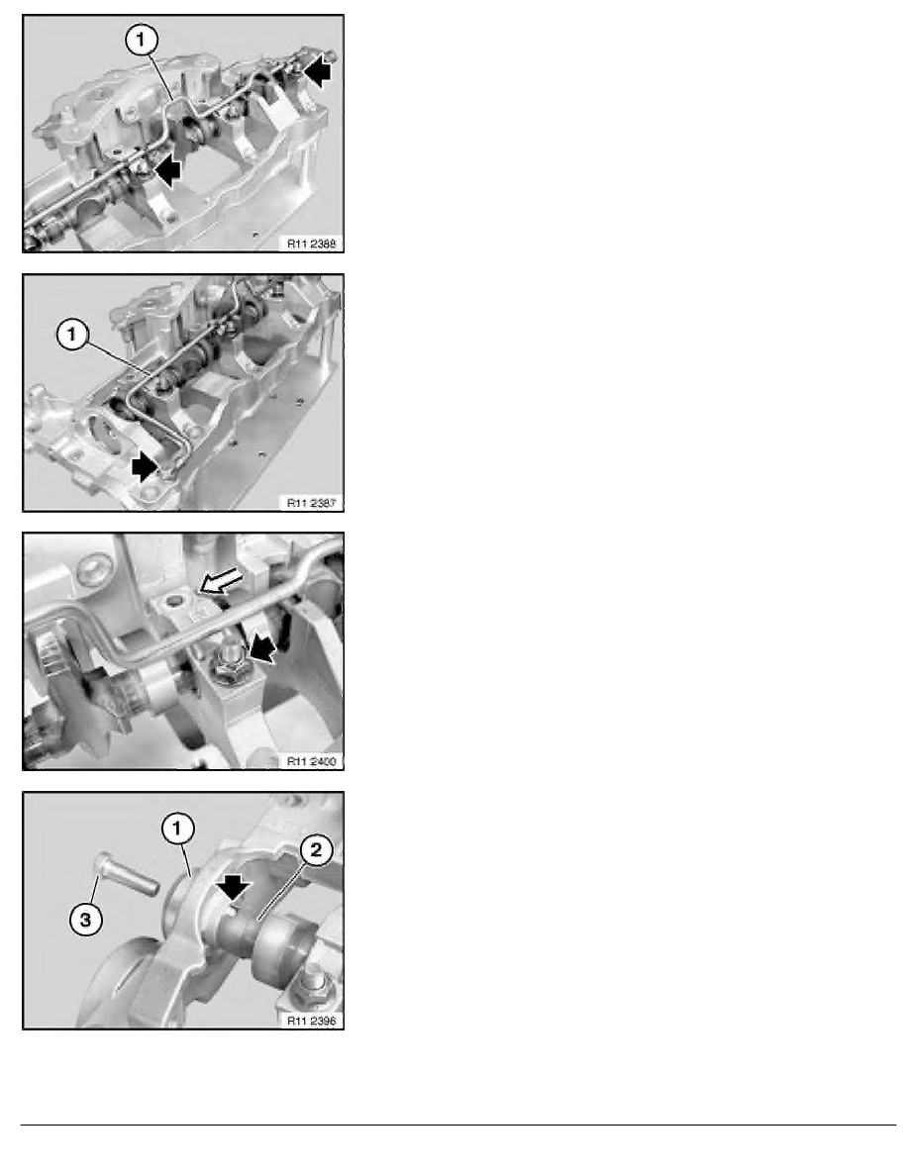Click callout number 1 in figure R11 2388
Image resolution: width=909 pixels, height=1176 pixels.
(x=142, y=40)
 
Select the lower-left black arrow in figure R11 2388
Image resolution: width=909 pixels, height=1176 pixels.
(x=167, y=172)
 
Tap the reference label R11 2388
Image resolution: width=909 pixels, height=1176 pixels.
(x=311, y=243)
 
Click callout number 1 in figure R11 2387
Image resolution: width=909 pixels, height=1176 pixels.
(x=72, y=335)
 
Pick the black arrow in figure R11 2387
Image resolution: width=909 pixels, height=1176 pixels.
(x=145, y=468)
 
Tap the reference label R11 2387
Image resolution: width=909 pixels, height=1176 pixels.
(x=311, y=503)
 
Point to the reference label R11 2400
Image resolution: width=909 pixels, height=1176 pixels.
(x=311, y=761)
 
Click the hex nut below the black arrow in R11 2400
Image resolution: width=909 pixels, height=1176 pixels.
(x=225, y=665)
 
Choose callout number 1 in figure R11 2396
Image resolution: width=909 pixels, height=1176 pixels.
(x=178, y=829)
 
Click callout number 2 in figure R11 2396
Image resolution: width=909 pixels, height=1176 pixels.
(x=316, y=850)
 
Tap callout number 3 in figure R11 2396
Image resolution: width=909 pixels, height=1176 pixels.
(x=85, y=919)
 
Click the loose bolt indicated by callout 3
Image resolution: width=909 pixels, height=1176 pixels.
(x=127, y=874)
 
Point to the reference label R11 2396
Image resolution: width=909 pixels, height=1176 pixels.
(x=311, y=1021)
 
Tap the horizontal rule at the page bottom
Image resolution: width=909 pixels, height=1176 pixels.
(x=458, y=1125)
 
